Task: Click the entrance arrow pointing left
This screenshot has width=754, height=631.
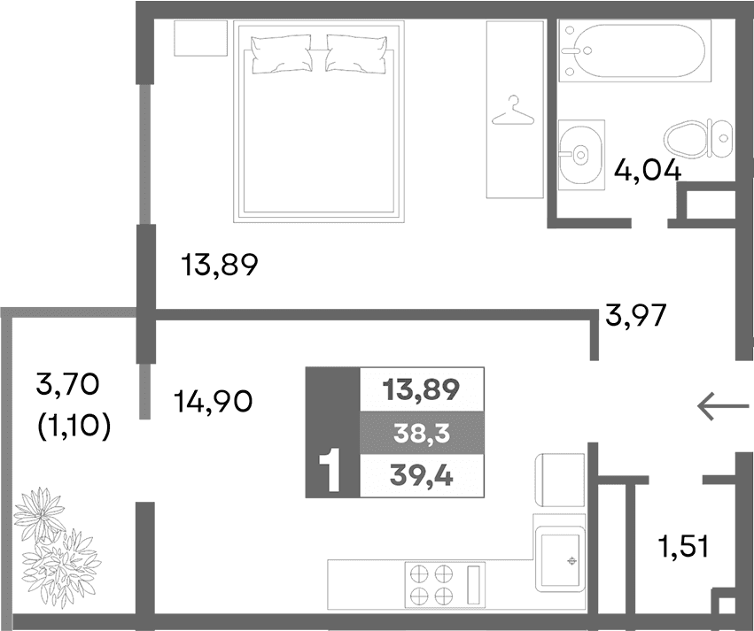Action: coord(719,406)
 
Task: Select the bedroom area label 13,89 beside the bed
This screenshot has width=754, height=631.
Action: coord(219,264)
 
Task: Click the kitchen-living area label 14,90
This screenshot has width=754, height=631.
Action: coord(212,403)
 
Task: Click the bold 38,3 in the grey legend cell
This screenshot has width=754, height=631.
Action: coord(422,433)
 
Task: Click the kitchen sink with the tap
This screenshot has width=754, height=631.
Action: coord(560,558)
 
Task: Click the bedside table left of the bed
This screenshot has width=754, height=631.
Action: coord(200,39)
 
